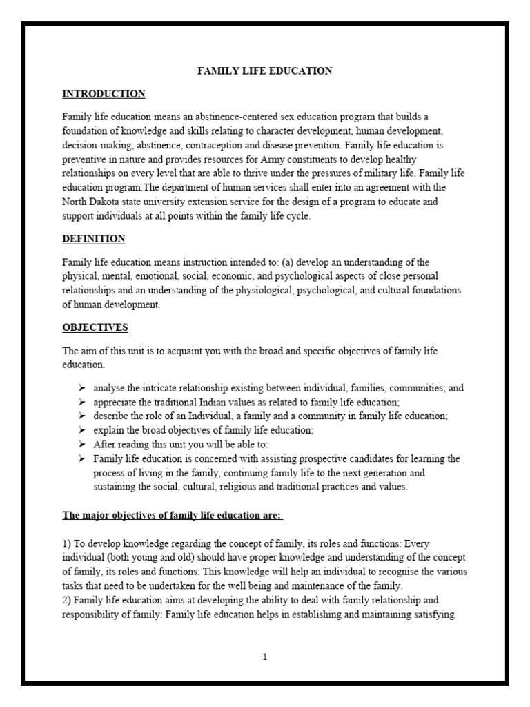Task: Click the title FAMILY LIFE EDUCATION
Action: pos(265,70)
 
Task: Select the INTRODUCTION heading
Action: pos(104,94)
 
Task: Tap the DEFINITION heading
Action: pos(94,239)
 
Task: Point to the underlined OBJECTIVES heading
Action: pos(95,327)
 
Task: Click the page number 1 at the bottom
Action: pos(265,657)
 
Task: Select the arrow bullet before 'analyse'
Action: pos(82,388)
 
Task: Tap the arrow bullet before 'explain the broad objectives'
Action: pos(82,429)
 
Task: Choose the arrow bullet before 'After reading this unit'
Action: pos(82,444)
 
